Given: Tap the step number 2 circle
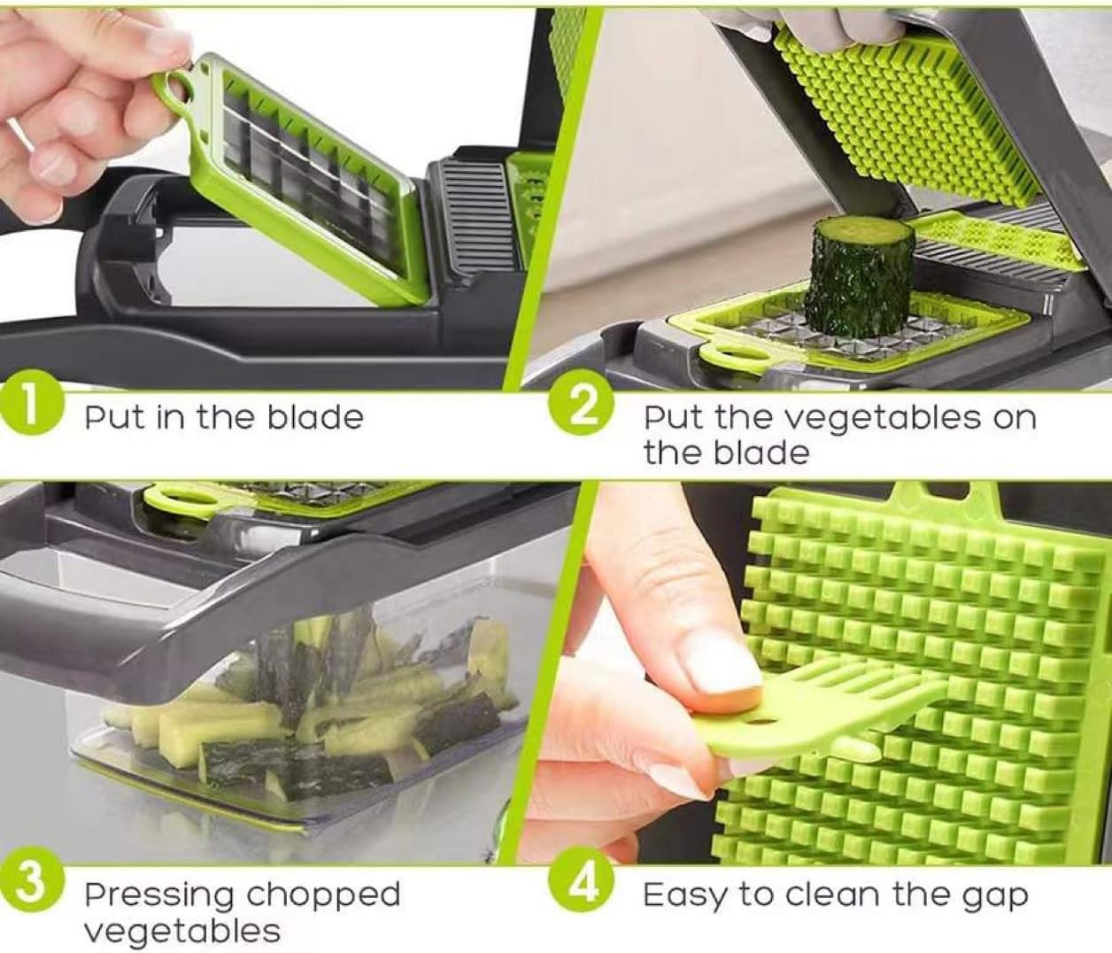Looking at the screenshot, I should click(582, 409).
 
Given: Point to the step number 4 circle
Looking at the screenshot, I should click(582, 885).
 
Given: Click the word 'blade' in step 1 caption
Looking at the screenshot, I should click(315, 416).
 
